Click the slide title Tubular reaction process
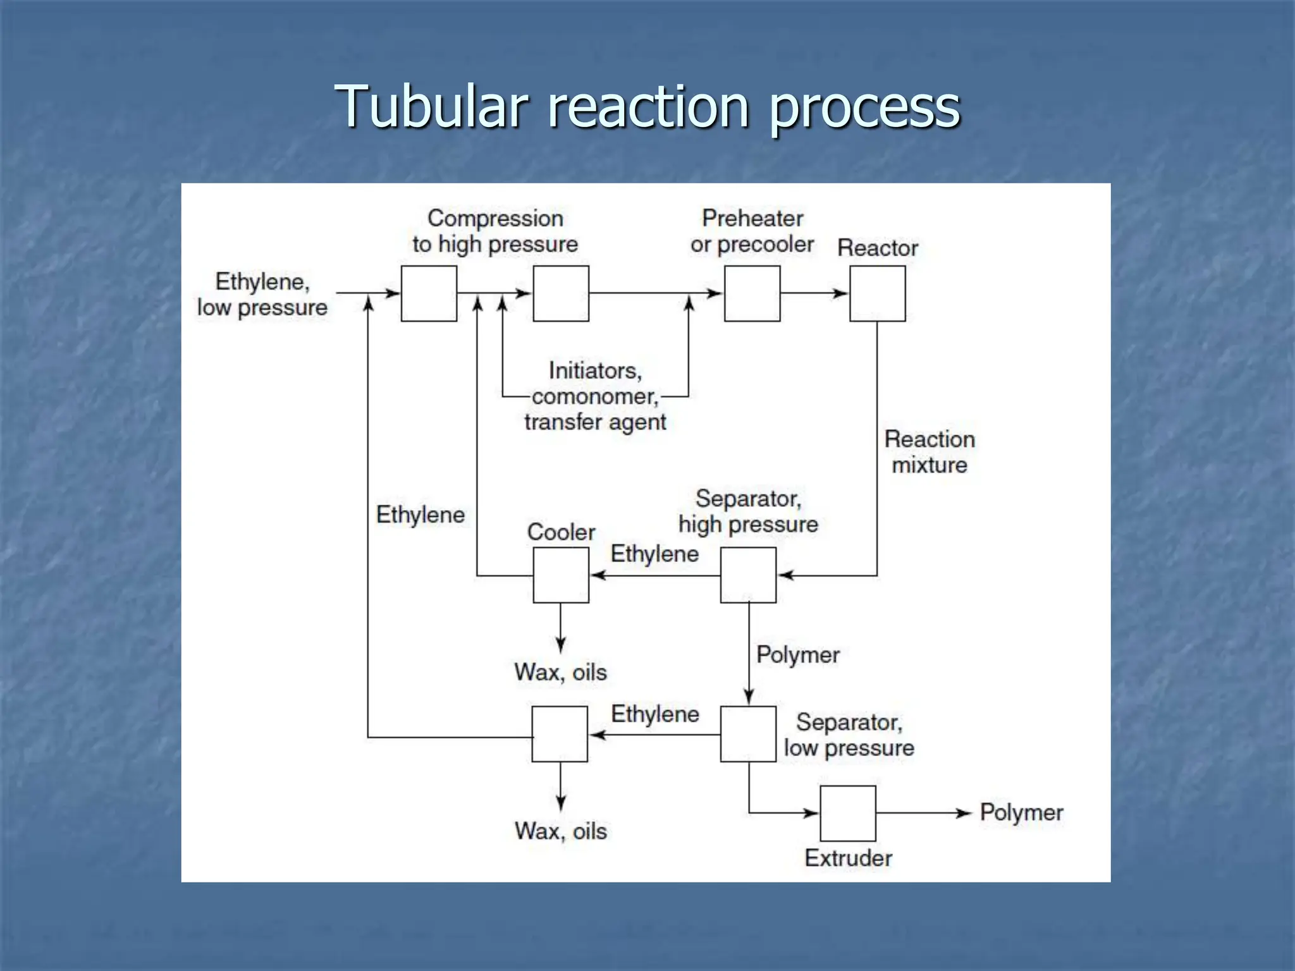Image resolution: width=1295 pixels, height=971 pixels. click(x=647, y=106)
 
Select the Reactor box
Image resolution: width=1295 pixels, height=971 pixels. click(x=877, y=293)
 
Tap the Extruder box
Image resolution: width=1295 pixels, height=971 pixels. click(x=847, y=813)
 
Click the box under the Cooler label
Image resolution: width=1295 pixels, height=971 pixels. click(x=561, y=575)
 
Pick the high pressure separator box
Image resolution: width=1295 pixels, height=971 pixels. click(x=748, y=575)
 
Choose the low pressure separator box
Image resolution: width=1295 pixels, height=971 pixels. click(x=748, y=734)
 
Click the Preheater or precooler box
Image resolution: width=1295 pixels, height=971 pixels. click(x=752, y=293)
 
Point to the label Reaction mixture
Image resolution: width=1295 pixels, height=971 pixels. click(x=929, y=452)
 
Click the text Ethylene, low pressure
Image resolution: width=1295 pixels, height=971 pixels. click(x=262, y=295)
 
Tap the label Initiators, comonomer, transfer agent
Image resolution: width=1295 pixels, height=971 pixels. click(x=595, y=396)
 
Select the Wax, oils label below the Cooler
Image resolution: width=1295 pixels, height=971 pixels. click(x=560, y=672)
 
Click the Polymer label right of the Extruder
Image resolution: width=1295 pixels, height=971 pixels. click(x=1021, y=812)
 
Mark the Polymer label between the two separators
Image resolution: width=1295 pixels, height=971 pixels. click(x=797, y=655)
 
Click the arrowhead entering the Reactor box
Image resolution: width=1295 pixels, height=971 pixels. click(x=841, y=293)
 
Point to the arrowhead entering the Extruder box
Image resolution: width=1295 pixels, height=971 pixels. click(x=812, y=813)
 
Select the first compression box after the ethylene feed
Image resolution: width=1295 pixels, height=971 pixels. click(x=429, y=293)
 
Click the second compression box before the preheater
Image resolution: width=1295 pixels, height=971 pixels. click(x=561, y=293)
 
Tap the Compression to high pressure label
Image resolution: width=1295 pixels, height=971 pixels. click(x=495, y=231)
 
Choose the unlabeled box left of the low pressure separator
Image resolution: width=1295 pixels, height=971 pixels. click(x=560, y=734)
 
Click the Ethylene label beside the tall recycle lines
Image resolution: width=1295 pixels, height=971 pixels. click(x=420, y=515)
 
